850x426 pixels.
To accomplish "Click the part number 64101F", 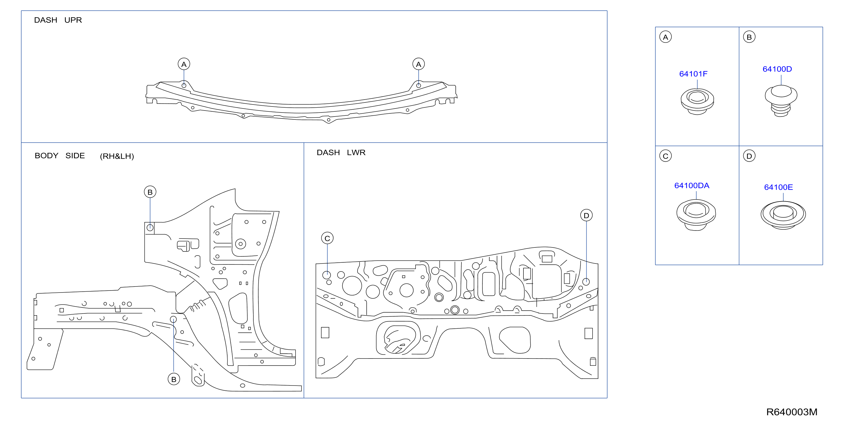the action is click(693, 74).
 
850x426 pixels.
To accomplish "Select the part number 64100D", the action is click(777, 69).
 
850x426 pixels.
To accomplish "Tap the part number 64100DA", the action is click(692, 185).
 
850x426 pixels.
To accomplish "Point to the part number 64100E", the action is click(778, 187).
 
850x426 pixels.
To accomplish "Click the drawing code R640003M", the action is click(791, 412).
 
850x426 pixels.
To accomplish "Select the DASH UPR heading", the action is click(58, 20).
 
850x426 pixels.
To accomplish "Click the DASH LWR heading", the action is click(341, 152).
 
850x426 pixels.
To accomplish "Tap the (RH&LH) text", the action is click(117, 156).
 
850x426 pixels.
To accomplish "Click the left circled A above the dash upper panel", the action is click(184, 64).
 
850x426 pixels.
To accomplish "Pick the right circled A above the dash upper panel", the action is click(418, 64).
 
